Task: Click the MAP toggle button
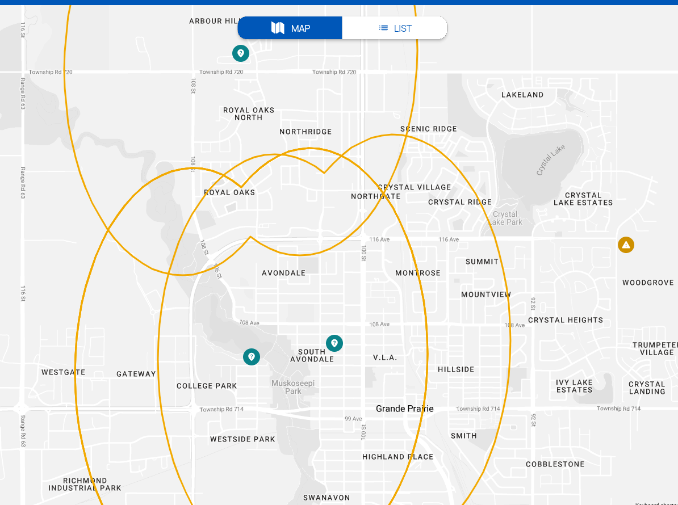(x=290, y=28)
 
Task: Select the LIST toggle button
(x=395, y=28)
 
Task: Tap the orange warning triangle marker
(x=626, y=245)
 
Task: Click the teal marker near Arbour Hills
(x=241, y=53)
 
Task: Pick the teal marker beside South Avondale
(x=334, y=343)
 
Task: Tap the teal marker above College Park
(x=252, y=357)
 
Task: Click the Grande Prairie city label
(x=405, y=409)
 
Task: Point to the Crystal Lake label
(x=550, y=161)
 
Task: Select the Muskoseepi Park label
(x=293, y=387)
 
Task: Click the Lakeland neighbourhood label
(x=522, y=95)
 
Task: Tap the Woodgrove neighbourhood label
(x=648, y=283)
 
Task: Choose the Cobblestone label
(x=555, y=464)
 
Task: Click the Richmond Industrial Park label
(x=85, y=485)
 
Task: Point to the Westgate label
(x=64, y=372)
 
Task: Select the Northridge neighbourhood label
(x=305, y=132)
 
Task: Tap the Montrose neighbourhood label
(x=418, y=273)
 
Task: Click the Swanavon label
(x=327, y=498)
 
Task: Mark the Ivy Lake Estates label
(x=574, y=386)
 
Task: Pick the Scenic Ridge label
(x=429, y=129)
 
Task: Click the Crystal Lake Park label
(x=505, y=218)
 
